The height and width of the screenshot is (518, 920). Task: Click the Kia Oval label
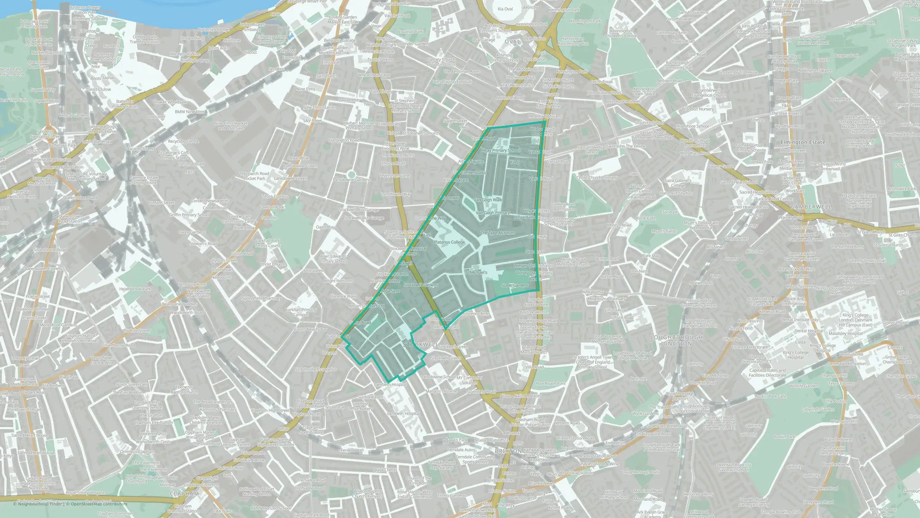505,9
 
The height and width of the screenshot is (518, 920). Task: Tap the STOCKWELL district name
420,344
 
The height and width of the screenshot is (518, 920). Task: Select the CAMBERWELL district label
811,207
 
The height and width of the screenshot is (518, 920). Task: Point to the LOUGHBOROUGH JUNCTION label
676,340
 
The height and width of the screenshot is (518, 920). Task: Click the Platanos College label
449,242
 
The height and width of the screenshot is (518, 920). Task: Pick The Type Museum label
498,233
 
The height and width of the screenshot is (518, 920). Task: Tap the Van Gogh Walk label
488,200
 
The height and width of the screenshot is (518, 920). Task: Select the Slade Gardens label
515,285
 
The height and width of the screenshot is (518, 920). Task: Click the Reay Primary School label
501,150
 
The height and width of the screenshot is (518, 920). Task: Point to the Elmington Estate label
803,142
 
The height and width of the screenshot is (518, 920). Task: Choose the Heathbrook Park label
135,289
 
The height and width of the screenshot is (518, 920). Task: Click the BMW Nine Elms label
190,112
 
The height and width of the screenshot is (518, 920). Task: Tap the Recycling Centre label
183,141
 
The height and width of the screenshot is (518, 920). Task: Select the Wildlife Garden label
804,386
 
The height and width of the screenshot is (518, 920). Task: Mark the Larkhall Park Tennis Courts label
268,243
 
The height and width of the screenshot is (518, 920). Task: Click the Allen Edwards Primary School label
333,259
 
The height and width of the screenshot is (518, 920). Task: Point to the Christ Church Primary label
597,178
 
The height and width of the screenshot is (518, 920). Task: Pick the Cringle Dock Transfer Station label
145,39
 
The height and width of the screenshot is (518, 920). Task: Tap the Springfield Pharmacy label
262,298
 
